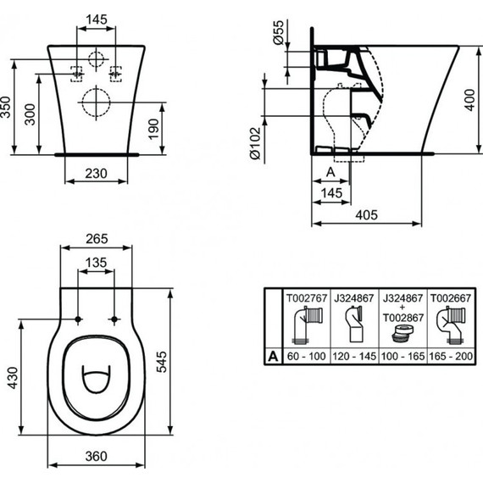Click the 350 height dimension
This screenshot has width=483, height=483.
tap(8, 106)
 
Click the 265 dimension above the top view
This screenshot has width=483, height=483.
tap(97, 238)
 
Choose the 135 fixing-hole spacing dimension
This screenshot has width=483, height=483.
tap(97, 263)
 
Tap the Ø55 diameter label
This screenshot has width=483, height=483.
tap(276, 35)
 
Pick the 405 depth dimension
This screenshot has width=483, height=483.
tap(367, 216)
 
